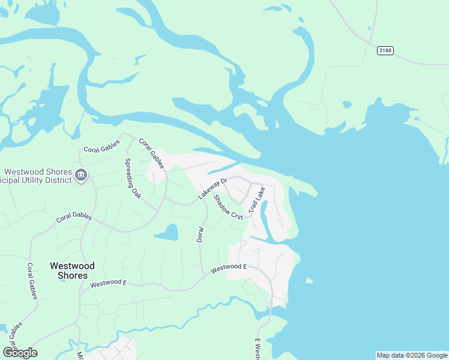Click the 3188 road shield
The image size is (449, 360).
(x=385, y=50)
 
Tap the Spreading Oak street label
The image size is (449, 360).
(x=132, y=173)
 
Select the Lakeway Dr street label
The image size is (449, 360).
(x=213, y=188)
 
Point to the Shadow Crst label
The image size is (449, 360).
(x=228, y=206)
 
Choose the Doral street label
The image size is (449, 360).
(x=201, y=234)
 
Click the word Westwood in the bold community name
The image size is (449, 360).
(x=72, y=265)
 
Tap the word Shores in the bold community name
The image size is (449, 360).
(x=72, y=276)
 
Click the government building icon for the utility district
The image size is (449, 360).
(x=82, y=176)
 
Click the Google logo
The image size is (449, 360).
(x=20, y=352)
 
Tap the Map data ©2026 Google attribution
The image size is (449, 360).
(x=412, y=355)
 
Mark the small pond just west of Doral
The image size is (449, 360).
(x=167, y=232)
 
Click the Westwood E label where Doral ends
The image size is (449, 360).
(x=228, y=268)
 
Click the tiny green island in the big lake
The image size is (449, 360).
(x=309, y=280)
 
